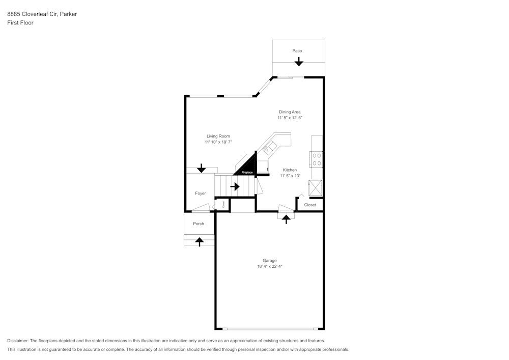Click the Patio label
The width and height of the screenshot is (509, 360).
click(x=297, y=51)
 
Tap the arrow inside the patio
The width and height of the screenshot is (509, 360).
click(x=299, y=62)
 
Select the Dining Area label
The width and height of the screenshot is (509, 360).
click(x=290, y=112)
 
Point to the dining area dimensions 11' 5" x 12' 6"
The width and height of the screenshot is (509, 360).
click(x=290, y=118)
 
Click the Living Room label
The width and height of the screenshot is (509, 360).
click(x=218, y=136)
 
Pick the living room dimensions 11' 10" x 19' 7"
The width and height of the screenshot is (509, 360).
click(x=218, y=143)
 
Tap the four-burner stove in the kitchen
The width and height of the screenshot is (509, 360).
click(x=317, y=159)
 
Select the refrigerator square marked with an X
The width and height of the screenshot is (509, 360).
click(x=316, y=188)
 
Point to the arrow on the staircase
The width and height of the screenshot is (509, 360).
click(x=235, y=186)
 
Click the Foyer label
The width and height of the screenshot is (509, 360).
click(x=201, y=193)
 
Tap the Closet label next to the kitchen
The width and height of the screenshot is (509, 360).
click(x=310, y=205)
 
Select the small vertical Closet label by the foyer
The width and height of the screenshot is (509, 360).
click(x=223, y=204)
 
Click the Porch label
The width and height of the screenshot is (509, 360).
click(x=199, y=224)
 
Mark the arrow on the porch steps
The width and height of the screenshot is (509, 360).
click(x=200, y=242)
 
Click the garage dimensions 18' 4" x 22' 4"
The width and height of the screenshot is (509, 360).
click(x=269, y=266)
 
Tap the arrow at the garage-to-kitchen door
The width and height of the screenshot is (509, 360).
click(x=286, y=219)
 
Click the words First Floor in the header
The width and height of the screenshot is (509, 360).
click(x=20, y=23)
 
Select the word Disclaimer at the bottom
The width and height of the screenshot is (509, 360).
click(x=18, y=341)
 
